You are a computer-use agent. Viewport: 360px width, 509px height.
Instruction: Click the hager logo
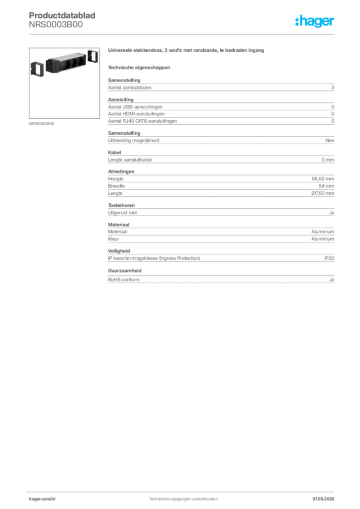(315, 21)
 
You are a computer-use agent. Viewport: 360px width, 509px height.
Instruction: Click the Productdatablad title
(62, 15)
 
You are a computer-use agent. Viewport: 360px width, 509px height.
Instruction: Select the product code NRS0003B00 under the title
(56, 25)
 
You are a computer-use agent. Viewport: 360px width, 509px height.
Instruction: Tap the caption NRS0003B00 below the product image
(42, 124)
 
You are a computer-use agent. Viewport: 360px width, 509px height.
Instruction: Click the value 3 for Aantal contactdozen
(333, 87)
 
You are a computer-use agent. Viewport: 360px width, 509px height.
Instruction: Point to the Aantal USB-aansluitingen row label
(135, 107)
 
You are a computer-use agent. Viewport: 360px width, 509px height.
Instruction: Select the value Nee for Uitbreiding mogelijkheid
(330, 140)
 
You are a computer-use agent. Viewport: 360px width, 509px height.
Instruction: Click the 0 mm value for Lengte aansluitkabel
(328, 160)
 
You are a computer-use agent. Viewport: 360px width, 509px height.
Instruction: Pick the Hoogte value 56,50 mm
(323, 178)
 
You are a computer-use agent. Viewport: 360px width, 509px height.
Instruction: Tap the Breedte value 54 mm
(326, 186)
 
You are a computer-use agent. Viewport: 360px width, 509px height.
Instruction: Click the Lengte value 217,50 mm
(322, 193)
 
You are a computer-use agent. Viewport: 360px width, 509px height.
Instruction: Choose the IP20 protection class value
(329, 258)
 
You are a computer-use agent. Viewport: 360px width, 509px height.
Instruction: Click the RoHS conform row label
(124, 279)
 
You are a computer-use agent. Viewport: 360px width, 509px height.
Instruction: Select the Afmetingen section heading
(121, 171)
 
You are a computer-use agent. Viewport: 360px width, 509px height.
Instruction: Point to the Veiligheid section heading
(119, 251)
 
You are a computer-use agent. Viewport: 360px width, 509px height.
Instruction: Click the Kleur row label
(113, 239)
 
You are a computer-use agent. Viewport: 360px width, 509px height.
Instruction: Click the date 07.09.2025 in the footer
(323, 499)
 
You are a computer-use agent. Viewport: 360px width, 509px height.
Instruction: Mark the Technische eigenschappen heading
(139, 68)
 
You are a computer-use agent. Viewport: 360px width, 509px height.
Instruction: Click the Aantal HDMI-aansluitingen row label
(136, 114)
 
